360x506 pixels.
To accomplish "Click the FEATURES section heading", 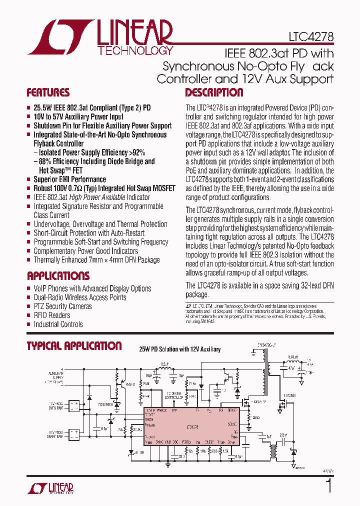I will click(x=48, y=92).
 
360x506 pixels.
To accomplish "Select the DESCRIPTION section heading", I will click(x=214, y=92).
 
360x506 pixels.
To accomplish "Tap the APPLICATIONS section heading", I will click(x=58, y=276).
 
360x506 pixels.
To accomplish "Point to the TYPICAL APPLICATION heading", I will click(x=74, y=346).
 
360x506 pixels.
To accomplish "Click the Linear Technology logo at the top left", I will click(x=100, y=37).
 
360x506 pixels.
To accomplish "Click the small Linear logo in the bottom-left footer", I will click(x=51, y=488).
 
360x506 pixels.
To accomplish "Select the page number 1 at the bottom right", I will click(x=328, y=486).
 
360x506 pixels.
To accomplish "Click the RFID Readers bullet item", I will click(x=52, y=315).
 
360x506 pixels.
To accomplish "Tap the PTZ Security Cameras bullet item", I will click(x=62, y=306).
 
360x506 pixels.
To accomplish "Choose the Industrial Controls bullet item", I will click(x=58, y=324).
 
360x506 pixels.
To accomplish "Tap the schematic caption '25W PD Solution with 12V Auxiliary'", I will click(x=179, y=349).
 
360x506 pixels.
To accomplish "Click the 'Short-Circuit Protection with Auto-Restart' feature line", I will click(x=89, y=233).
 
